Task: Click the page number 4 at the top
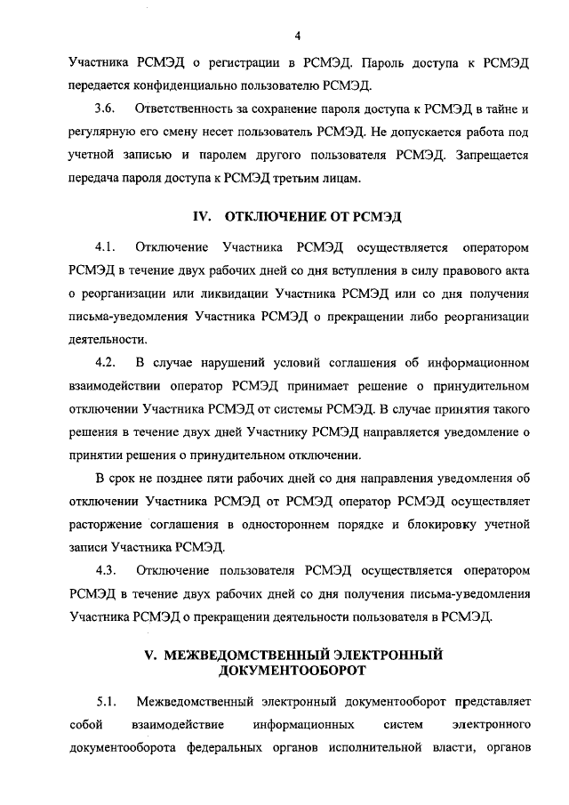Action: (299, 36)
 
